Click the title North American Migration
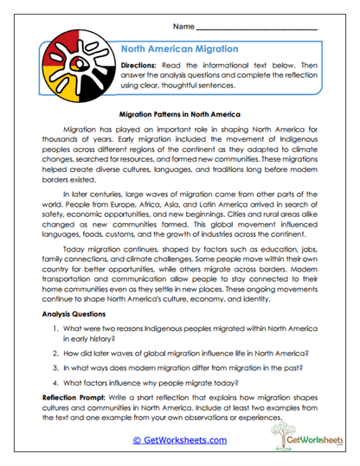[179, 49]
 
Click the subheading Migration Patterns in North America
[180, 113]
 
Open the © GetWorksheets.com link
[179, 440]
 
